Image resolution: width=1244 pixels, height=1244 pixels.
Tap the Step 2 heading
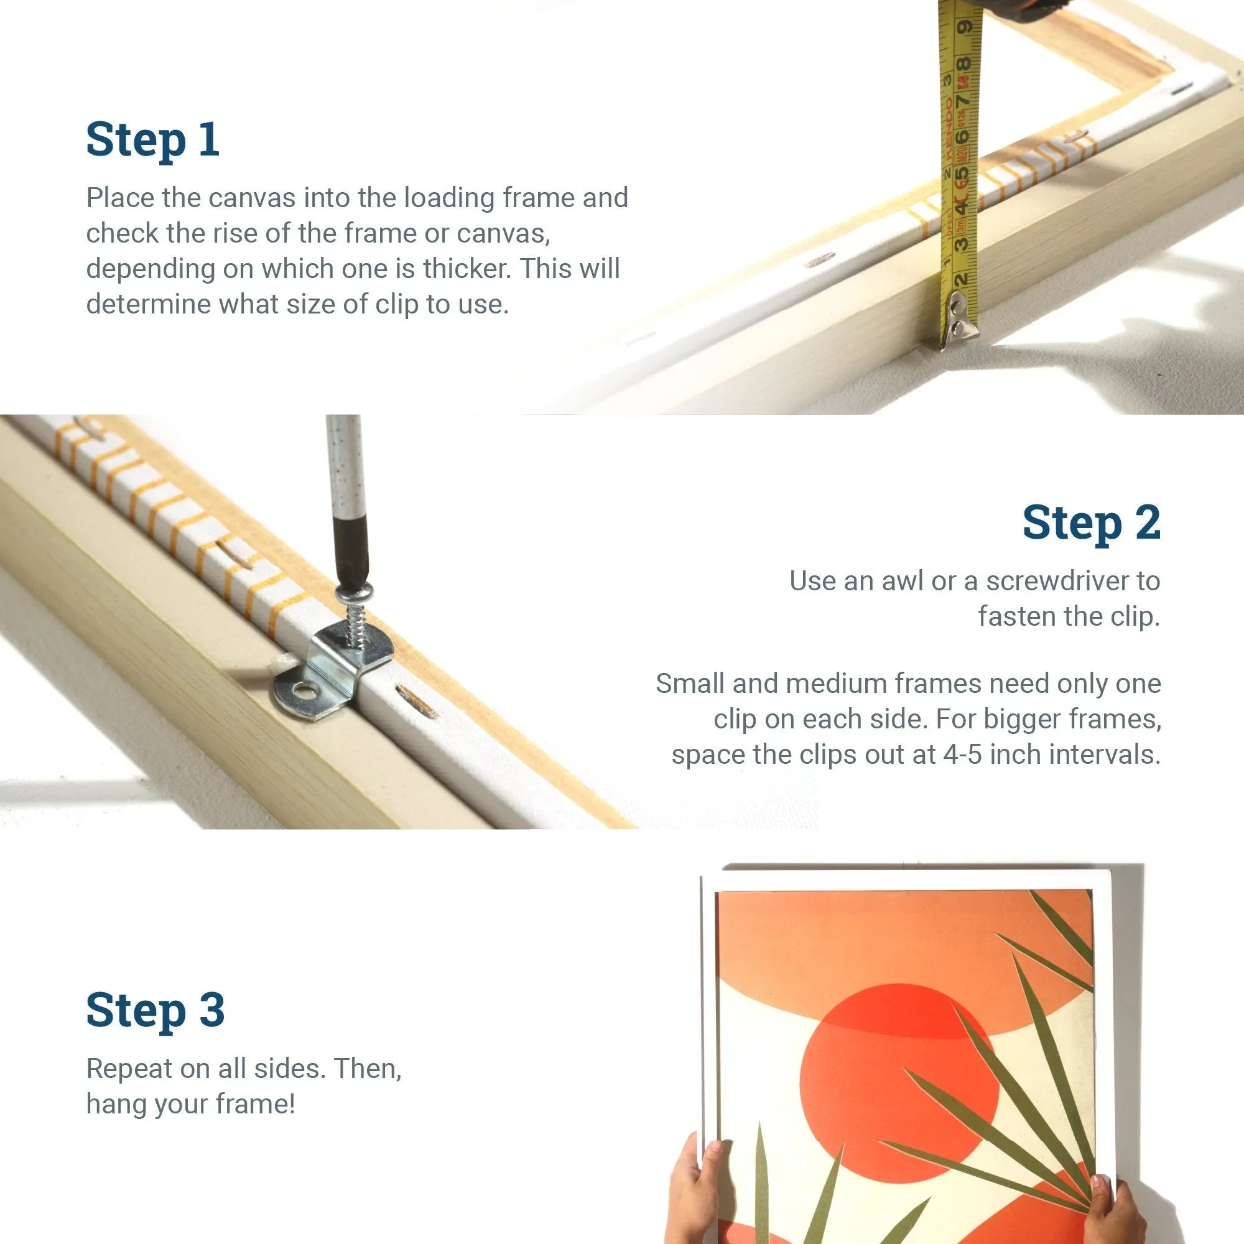point(1092,523)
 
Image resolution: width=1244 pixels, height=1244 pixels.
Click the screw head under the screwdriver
point(353,592)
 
